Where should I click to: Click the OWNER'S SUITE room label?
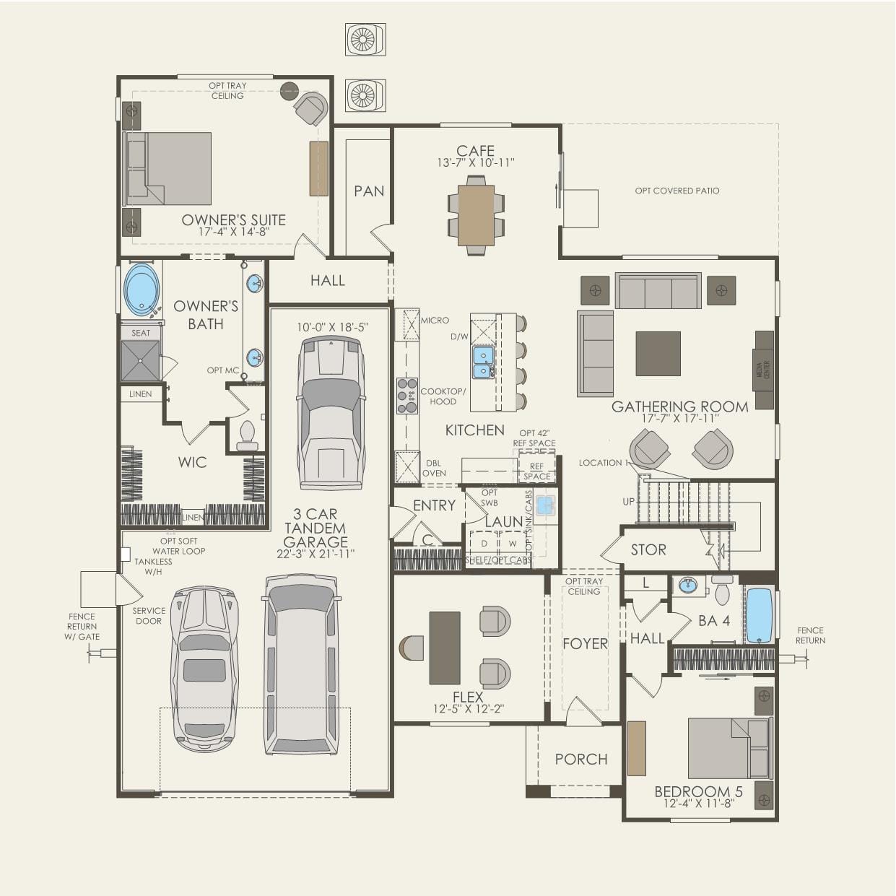(233, 220)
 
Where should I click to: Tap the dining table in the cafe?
(476, 216)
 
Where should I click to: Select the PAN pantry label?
(369, 191)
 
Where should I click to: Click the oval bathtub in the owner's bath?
(142, 290)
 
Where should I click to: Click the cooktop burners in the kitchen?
(407, 396)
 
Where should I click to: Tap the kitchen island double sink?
(483, 362)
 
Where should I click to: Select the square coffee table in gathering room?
(658, 354)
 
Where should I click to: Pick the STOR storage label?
(648, 549)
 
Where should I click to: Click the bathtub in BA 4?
(759, 615)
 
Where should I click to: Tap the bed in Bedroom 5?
(728, 748)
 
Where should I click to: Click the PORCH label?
(581, 759)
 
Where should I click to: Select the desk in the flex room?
(445, 648)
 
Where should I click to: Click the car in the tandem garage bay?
(331, 412)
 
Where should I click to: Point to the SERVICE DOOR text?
(149, 616)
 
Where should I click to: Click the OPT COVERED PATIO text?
(677, 191)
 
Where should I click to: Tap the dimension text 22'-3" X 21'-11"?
(316, 554)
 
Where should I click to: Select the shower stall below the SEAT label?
(140, 360)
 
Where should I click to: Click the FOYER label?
(585, 643)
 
